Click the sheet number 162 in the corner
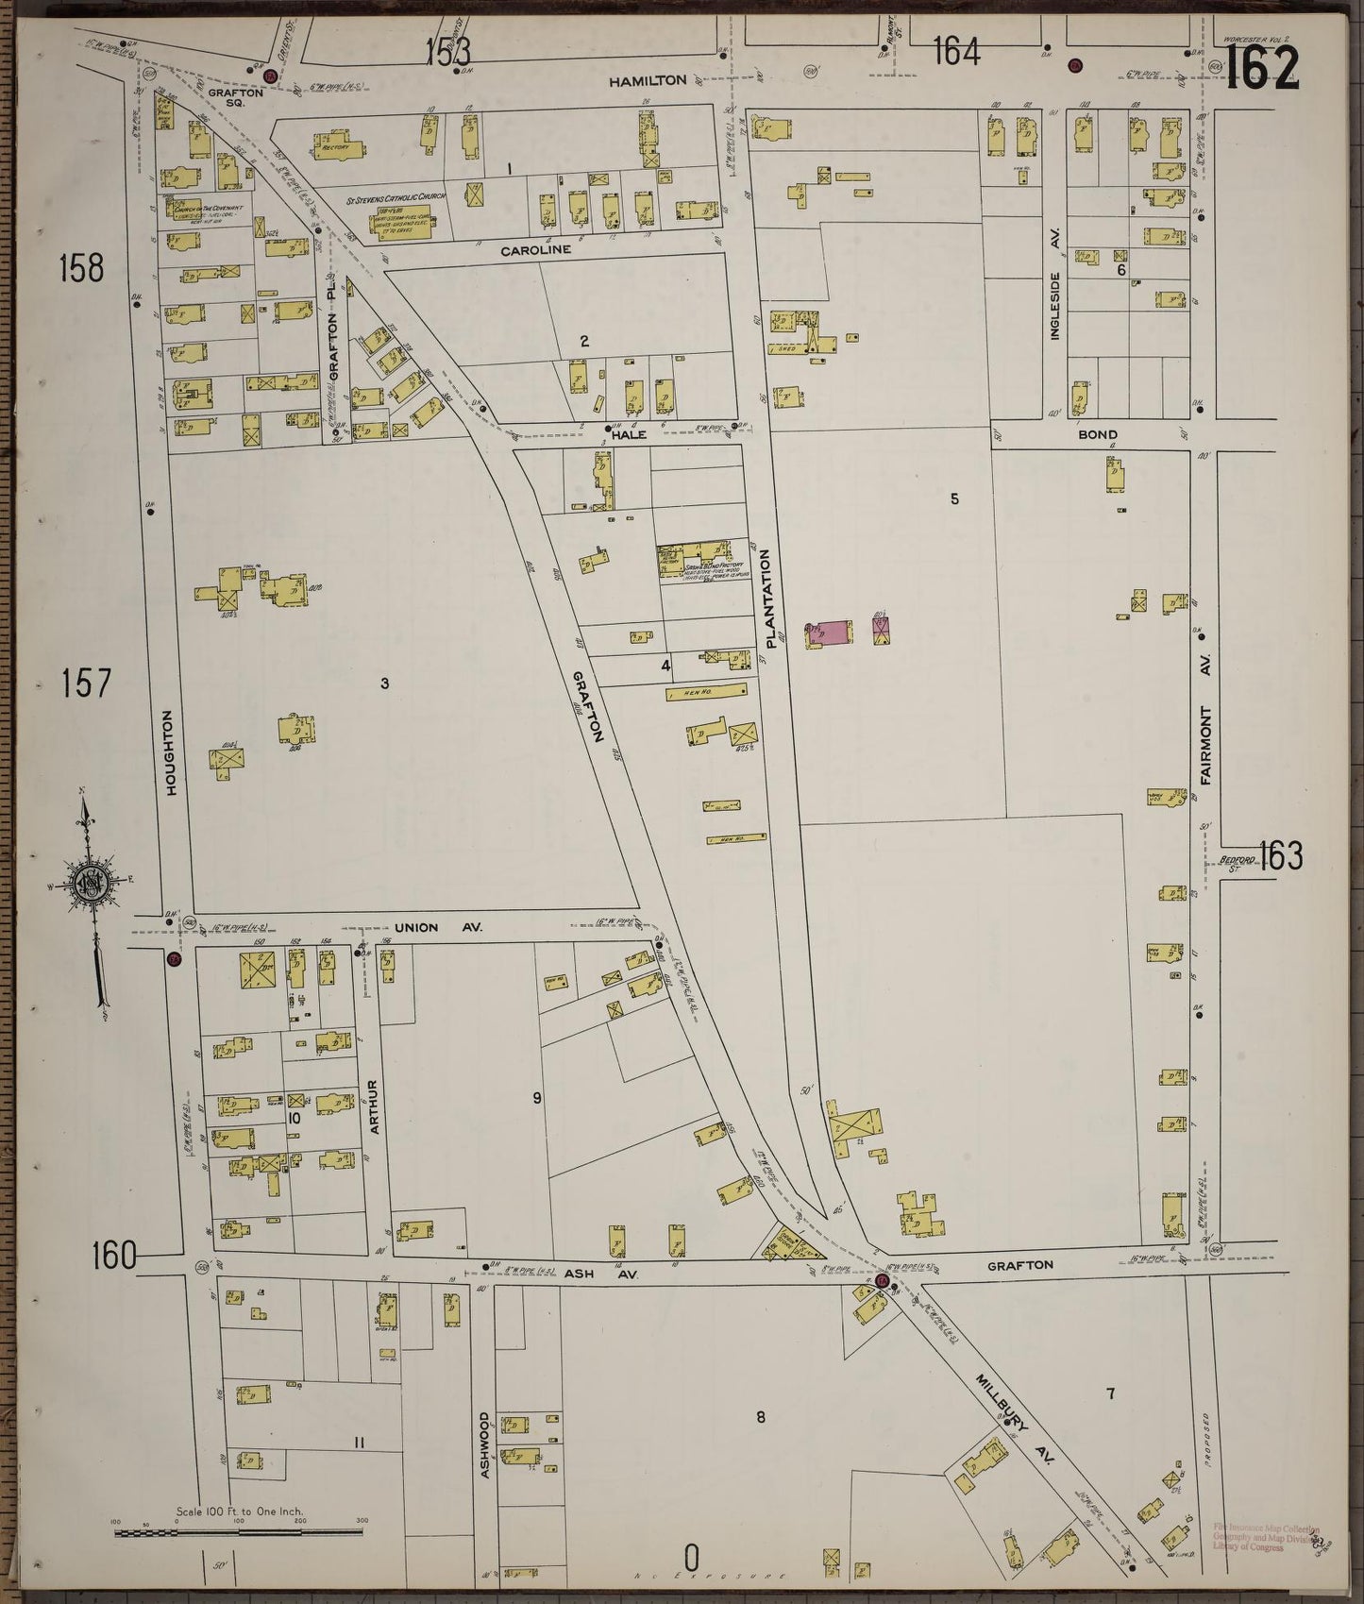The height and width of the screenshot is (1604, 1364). pos(1262,67)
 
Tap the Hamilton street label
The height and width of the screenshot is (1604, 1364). pos(647,81)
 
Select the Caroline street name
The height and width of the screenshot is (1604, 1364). pos(535,250)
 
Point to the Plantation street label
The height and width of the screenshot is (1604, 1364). pos(770,598)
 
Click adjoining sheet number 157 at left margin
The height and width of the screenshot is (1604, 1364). pos(87,683)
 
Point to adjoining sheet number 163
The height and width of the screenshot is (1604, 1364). pos(1280,857)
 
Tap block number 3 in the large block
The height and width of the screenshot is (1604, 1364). pos(385,683)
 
